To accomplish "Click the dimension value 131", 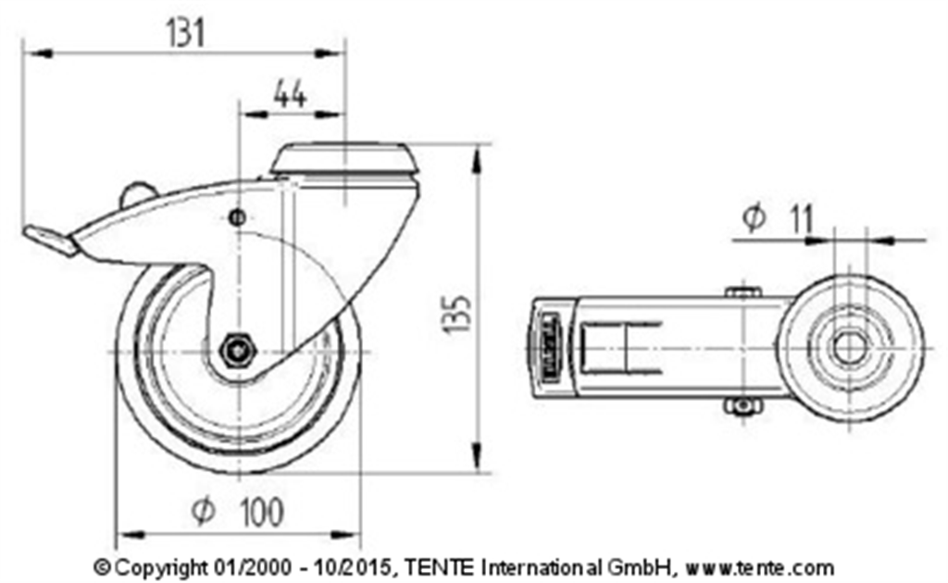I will pos(185,33).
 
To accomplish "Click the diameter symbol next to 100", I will pos(203,511).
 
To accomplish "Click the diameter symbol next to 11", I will pos(754,218).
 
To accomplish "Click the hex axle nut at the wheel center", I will pos(237,350).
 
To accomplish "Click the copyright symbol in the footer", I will pos(102,567).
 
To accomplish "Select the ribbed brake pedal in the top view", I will pos(546,349).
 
